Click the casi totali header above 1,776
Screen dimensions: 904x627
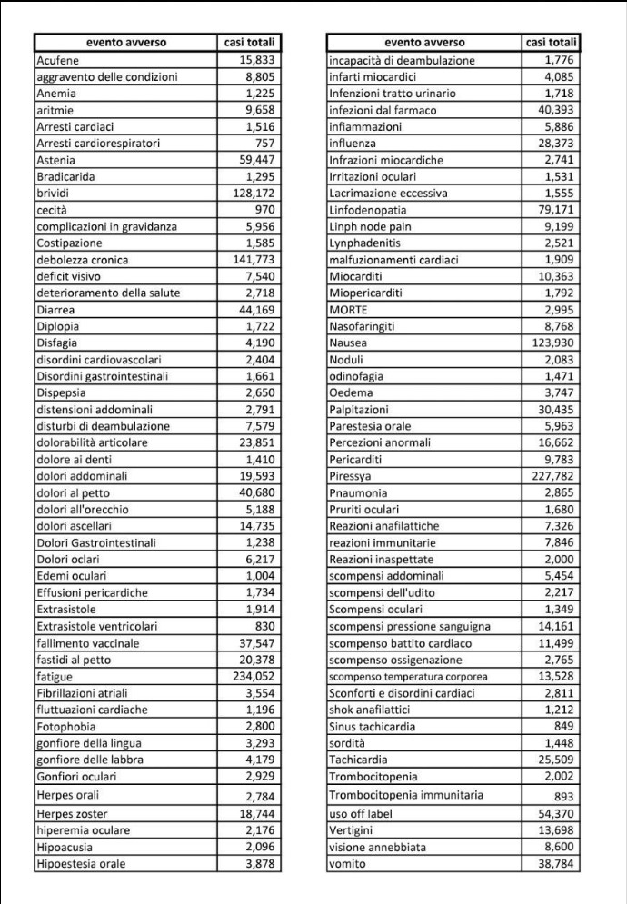(552, 42)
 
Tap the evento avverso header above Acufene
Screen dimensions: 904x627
(126, 42)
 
